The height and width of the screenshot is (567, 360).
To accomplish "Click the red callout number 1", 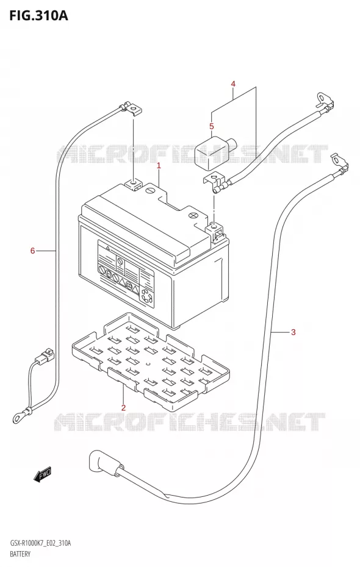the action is click(x=159, y=166).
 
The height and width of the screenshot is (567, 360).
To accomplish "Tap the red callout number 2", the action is click(x=123, y=408).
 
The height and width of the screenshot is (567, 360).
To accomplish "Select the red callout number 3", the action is click(x=293, y=332).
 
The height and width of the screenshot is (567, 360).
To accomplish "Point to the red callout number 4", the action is click(x=233, y=84).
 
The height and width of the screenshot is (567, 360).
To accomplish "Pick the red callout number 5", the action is click(x=212, y=126).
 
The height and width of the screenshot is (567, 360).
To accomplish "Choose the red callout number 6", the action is click(x=32, y=250).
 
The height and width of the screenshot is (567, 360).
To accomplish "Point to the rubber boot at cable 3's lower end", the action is click(x=105, y=464).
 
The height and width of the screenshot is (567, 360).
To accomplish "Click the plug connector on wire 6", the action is click(x=45, y=355).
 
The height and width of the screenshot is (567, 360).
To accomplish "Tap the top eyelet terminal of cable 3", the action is click(x=340, y=163).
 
